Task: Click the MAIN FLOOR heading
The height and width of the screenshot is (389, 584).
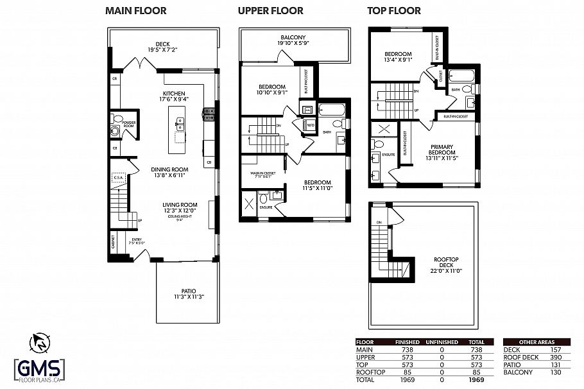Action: pyautogui.click(x=135, y=11)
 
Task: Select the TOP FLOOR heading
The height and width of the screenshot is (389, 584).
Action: pyautogui.click(x=394, y=11)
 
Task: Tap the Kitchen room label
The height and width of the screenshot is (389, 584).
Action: pyautogui.click(x=175, y=96)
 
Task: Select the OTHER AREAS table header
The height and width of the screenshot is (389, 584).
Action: pyautogui.click(x=536, y=343)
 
